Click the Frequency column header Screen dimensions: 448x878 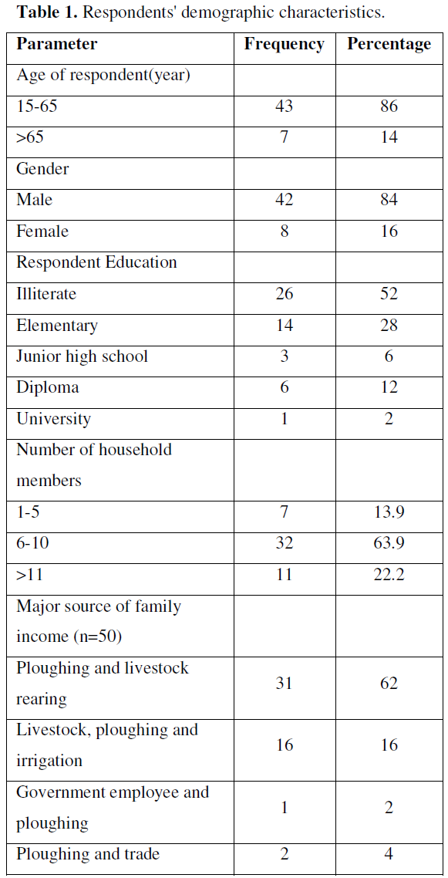[284, 45]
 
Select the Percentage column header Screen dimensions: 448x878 [389, 45]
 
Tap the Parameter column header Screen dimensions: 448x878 [57, 44]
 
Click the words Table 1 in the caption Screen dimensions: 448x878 [48, 13]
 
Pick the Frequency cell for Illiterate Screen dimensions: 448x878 [284, 293]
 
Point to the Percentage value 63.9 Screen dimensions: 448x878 [389, 543]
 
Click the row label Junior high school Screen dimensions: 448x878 [83, 356]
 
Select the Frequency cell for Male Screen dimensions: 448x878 [284, 199]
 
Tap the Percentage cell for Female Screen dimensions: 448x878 [389, 231]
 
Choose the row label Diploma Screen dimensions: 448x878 [48, 388]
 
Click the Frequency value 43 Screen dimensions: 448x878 [284, 106]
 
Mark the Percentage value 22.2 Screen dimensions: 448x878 [389, 575]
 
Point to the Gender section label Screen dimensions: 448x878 [42, 168]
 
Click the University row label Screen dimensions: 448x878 [54, 420]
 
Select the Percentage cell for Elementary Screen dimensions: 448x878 [389, 325]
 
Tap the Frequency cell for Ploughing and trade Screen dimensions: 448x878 [284, 854]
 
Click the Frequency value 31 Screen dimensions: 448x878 [284, 683]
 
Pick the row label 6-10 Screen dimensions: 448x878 [32, 543]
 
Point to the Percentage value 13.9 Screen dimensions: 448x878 [389, 512]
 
